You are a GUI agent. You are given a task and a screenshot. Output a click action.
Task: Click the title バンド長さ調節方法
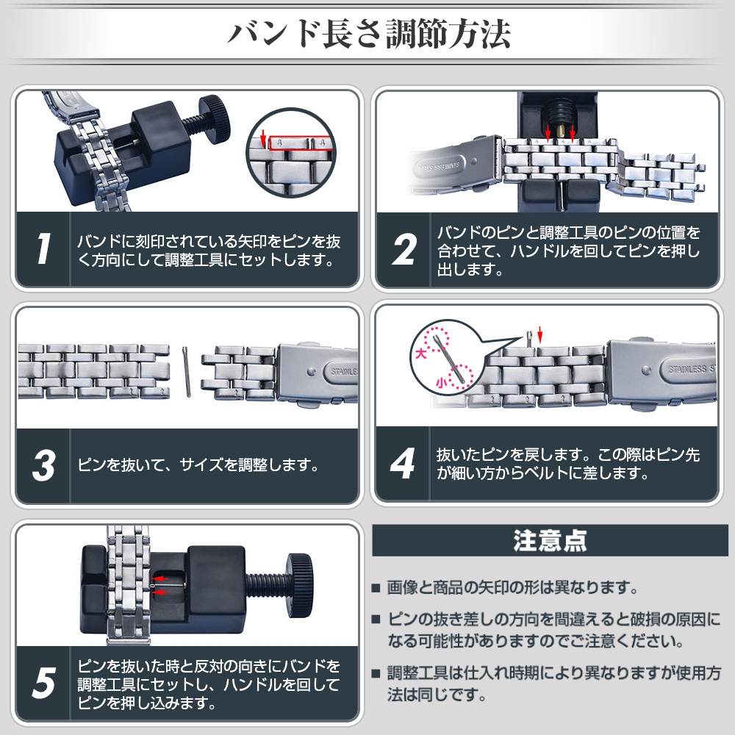tap(368, 34)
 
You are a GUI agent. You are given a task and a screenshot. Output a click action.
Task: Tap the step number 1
tap(43, 248)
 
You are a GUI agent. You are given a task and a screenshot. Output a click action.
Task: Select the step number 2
tap(404, 249)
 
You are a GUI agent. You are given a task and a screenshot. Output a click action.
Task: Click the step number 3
tap(44, 465)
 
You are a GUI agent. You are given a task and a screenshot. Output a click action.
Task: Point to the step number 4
tap(403, 464)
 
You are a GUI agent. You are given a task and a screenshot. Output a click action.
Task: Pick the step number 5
tap(43, 683)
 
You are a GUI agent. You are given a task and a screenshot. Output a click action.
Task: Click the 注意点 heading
tap(549, 540)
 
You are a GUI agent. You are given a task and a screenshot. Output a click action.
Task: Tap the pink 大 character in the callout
tap(421, 353)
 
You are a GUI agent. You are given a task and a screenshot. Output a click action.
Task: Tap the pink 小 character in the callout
tap(442, 383)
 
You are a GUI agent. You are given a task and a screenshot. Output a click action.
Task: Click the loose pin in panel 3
tap(186, 371)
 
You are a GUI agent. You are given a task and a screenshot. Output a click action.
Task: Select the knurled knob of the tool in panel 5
tap(300, 584)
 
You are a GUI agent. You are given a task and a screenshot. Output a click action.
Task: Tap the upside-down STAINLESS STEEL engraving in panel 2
tap(438, 166)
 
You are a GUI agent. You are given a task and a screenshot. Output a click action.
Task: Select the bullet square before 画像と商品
tap(376, 588)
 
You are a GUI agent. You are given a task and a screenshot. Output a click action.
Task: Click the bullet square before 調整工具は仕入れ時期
tap(376, 674)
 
